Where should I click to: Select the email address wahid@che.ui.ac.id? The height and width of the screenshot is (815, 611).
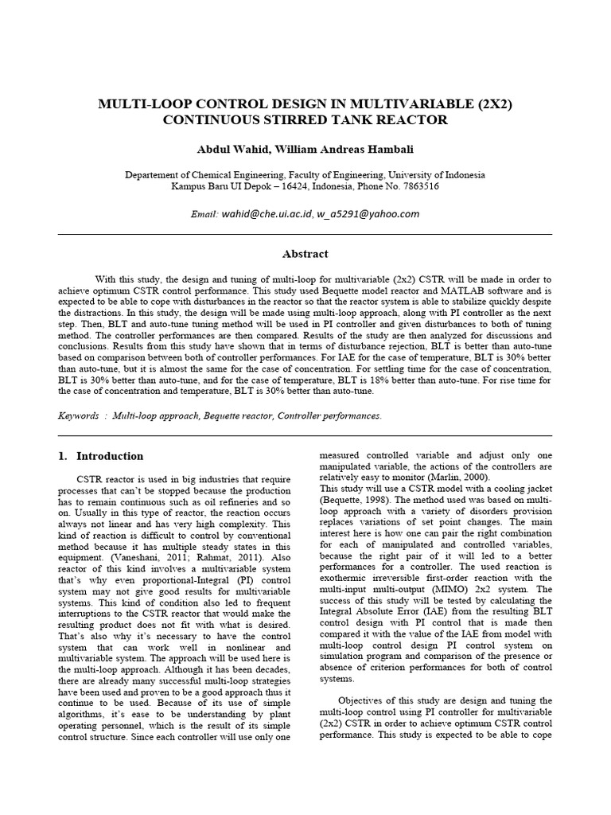pyautogui.click(x=267, y=214)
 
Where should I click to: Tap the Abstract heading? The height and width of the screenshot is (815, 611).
pyautogui.click(x=305, y=254)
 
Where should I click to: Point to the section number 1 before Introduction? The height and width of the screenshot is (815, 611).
pyautogui.click(x=63, y=456)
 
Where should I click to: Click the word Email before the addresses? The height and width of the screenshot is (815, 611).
pyautogui.click(x=204, y=215)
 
